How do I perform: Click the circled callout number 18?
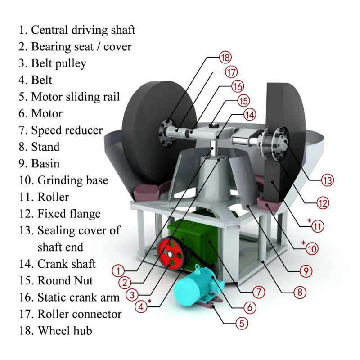pos(225,58)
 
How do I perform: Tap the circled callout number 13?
pos(328,180)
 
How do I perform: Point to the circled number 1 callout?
pos(118,271)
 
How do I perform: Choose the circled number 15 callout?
pos(243,100)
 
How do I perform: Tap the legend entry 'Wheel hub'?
pos(65,330)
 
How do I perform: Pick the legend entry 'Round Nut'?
pos(65,280)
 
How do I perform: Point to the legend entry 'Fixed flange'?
pos(69,213)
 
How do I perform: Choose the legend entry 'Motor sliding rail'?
pos(75,97)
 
